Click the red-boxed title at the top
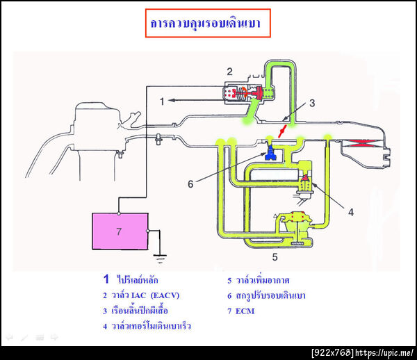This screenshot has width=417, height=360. [x=206, y=23]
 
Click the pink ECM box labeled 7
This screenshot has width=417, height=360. [x=120, y=232]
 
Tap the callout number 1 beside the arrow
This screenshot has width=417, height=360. [x=161, y=101]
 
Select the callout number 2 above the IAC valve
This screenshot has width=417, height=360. [x=229, y=70]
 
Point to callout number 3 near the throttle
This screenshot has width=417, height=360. [x=312, y=103]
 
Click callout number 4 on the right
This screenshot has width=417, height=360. [x=350, y=212]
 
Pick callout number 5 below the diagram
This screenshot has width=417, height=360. [x=275, y=257]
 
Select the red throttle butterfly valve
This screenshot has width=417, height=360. [x=282, y=130]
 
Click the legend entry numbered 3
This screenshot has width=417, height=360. [x=138, y=310]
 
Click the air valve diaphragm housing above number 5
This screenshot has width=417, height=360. [x=300, y=226]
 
